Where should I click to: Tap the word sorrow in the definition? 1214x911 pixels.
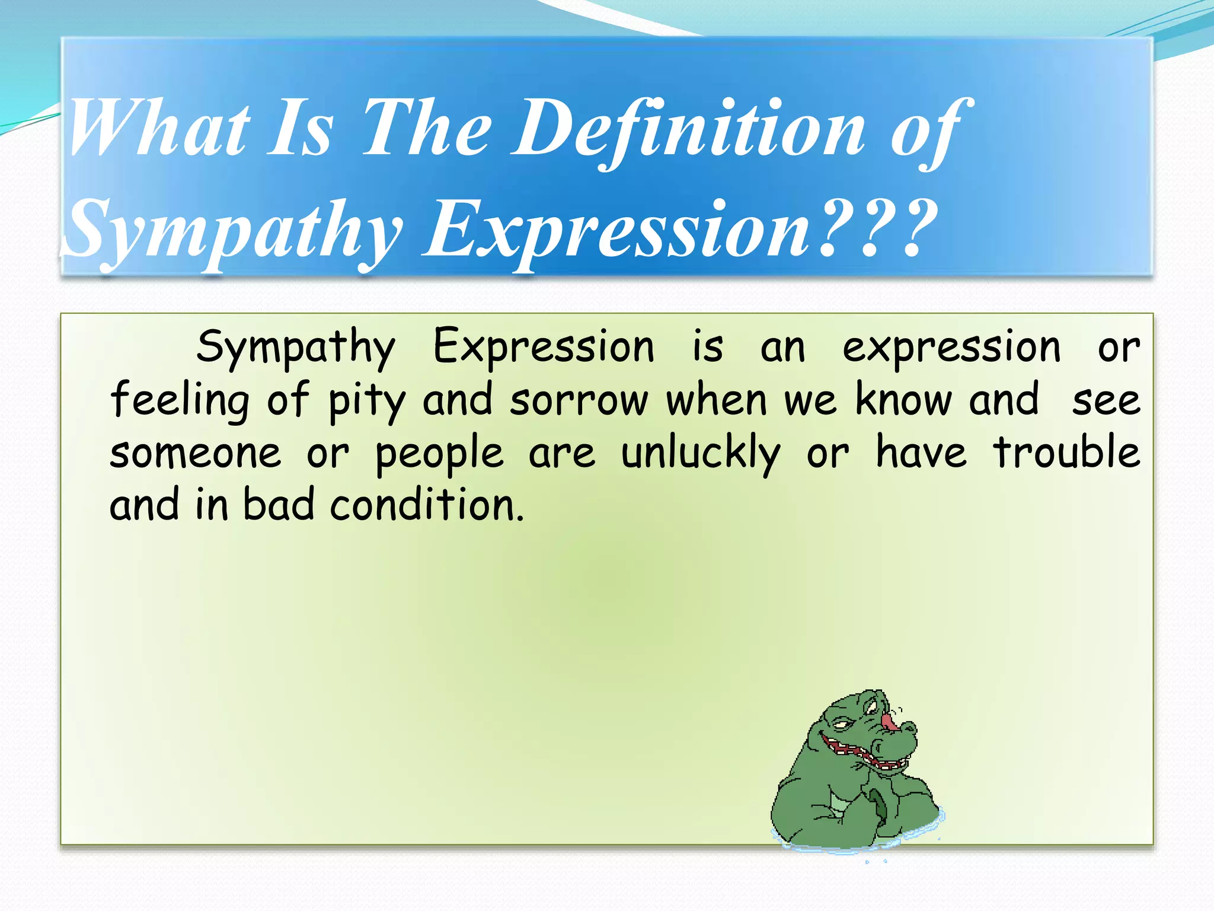coord(579,401)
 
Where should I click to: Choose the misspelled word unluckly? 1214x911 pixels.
coord(701,454)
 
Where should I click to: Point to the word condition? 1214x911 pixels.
coord(427,506)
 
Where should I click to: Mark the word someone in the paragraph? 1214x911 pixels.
coord(196,454)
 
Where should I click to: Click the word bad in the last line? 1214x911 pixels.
coord(278,506)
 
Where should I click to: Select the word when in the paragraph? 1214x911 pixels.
coord(717,400)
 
